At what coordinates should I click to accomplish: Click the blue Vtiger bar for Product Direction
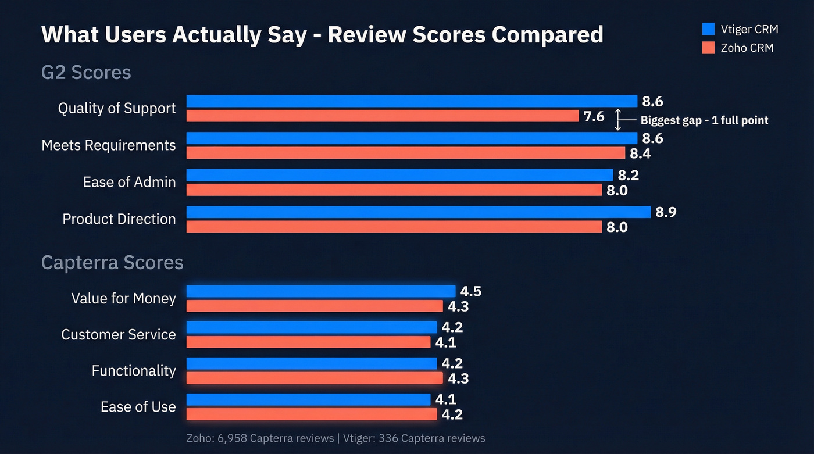[x=418, y=212]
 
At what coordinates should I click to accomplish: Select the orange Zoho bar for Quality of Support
[x=383, y=116]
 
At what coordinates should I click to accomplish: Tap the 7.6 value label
[x=594, y=116]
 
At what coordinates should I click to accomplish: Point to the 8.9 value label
[x=666, y=212]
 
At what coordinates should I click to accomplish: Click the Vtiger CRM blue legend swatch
[x=708, y=29]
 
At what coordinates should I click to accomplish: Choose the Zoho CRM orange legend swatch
[x=708, y=48]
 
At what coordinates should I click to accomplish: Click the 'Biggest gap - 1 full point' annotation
[x=704, y=120]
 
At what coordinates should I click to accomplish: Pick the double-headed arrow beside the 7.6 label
[x=618, y=119]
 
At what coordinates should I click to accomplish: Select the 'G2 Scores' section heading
[x=86, y=73]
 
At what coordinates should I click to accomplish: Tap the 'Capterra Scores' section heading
[x=112, y=263]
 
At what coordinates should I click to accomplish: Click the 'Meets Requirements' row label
[x=109, y=145]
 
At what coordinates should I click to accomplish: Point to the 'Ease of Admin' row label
[x=129, y=182]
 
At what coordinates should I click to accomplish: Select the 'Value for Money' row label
[x=123, y=298]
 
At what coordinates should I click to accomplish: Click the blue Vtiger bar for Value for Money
[x=320, y=291]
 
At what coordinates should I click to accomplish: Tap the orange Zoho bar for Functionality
[x=314, y=378]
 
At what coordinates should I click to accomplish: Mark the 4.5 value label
[x=470, y=291]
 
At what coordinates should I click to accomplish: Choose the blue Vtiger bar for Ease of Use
[x=308, y=399]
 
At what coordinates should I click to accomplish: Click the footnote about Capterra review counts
[x=335, y=438]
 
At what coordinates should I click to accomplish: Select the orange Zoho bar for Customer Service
[x=308, y=342]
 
